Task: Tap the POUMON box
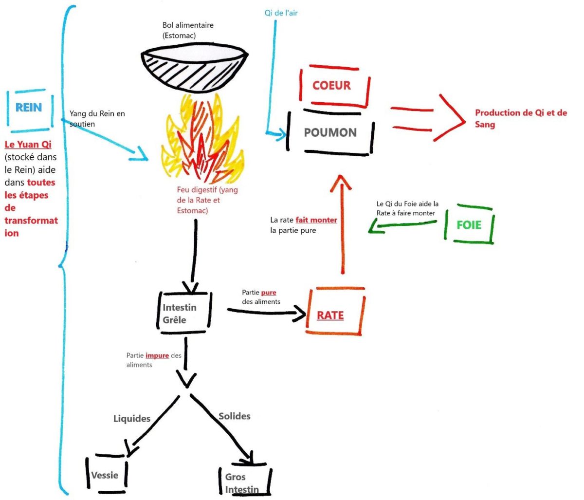pyautogui.click(x=330, y=132)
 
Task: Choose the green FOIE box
pyautogui.click(x=469, y=225)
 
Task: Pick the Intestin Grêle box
pyautogui.click(x=184, y=314)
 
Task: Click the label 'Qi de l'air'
pyautogui.click(x=281, y=13)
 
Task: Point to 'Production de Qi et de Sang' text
pyautogui.click(x=521, y=118)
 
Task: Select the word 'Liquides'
pyautogui.click(x=132, y=419)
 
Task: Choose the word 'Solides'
pyautogui.click(x=235, y=416)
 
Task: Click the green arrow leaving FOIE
pyautogui.click(x=401, y=225)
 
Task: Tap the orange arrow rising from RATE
pyautogui.click(x=344, y=229)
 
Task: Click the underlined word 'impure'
pyautogui.click(x=157, y=355)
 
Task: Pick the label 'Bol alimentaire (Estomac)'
pyautogui.click(x=188, y=30)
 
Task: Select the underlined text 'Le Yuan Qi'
pyautogui.click(x=28, y=145)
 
